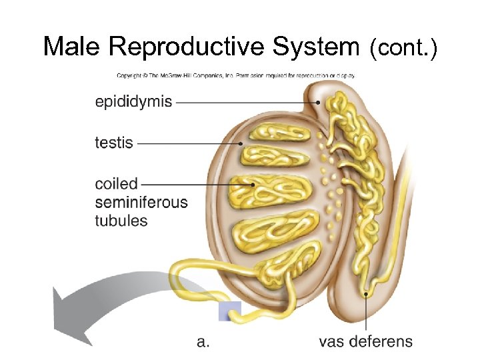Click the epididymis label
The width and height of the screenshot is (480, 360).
pos(133,102)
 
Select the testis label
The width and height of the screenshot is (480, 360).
pos(114,143)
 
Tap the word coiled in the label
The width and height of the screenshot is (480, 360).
pos(116,183)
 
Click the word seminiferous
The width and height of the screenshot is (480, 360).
pos(141,202)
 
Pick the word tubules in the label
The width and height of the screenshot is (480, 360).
pos(121,220)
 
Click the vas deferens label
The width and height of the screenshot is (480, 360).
pos(365,342)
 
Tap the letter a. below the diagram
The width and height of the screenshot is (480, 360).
pos(204,342)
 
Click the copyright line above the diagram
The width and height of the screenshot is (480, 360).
pos(235,75)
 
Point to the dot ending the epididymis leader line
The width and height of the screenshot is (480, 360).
pos(319,102)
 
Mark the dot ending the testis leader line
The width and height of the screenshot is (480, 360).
pos(241,143)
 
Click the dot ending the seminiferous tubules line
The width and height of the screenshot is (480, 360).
pos(253,184)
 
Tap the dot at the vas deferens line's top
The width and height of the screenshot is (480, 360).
pos(365,293)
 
